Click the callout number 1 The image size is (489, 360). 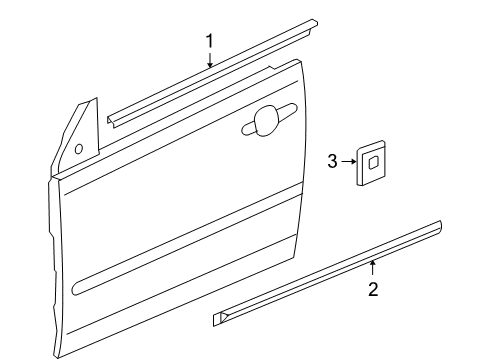[x=210, y=41]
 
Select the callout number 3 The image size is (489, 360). [x=333, y=160]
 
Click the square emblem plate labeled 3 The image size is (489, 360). [x=370, y=161]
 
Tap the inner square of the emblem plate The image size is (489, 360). [x=372, y=160]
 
